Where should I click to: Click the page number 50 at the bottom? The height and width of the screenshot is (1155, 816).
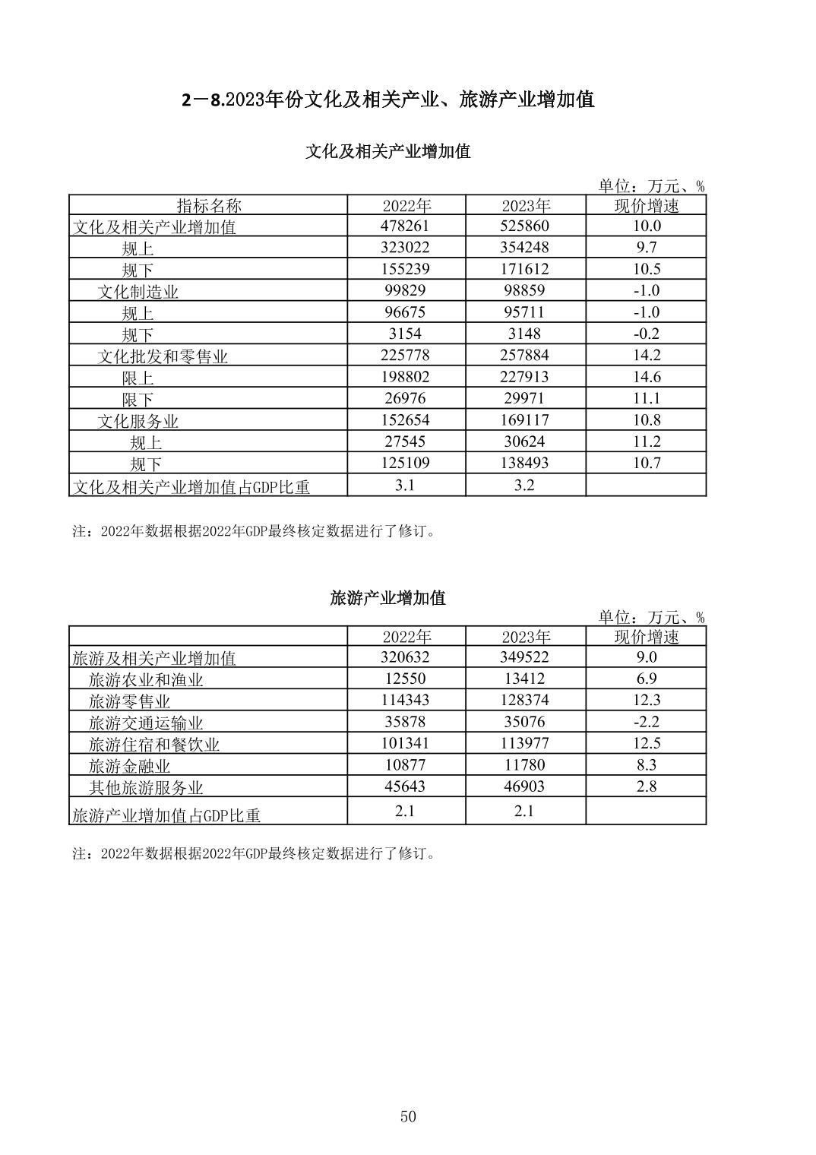point(408,1116)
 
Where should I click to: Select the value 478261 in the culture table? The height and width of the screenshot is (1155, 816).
point(406,226)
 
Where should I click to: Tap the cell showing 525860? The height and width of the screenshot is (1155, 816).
point(524,226)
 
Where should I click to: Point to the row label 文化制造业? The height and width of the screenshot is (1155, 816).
point(138,292)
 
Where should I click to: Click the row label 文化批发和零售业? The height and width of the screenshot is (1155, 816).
point(163,356)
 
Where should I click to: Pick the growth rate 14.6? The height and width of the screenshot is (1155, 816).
point(646,377)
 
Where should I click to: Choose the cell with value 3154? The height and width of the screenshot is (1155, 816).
point(406,334)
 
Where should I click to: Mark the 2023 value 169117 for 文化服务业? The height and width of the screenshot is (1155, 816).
point(524,419)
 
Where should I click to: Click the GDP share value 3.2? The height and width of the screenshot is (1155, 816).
point(524,485)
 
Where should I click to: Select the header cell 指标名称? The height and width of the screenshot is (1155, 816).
point(209,205)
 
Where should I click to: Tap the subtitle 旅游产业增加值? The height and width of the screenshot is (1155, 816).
point(387,598)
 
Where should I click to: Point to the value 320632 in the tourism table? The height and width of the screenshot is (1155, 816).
point(406,657)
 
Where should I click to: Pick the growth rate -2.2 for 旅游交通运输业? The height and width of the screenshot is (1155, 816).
point(646,722)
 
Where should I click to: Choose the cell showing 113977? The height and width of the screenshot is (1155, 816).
point(524,743)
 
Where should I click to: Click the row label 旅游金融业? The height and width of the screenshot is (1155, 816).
point(129,766)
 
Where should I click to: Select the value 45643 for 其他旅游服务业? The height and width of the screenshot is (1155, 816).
point(406,786)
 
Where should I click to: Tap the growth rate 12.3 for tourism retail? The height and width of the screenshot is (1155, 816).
point(646,700)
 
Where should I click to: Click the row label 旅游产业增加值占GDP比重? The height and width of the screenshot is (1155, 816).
point(166,815)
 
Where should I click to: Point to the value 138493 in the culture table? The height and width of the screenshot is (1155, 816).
point(524,463)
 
